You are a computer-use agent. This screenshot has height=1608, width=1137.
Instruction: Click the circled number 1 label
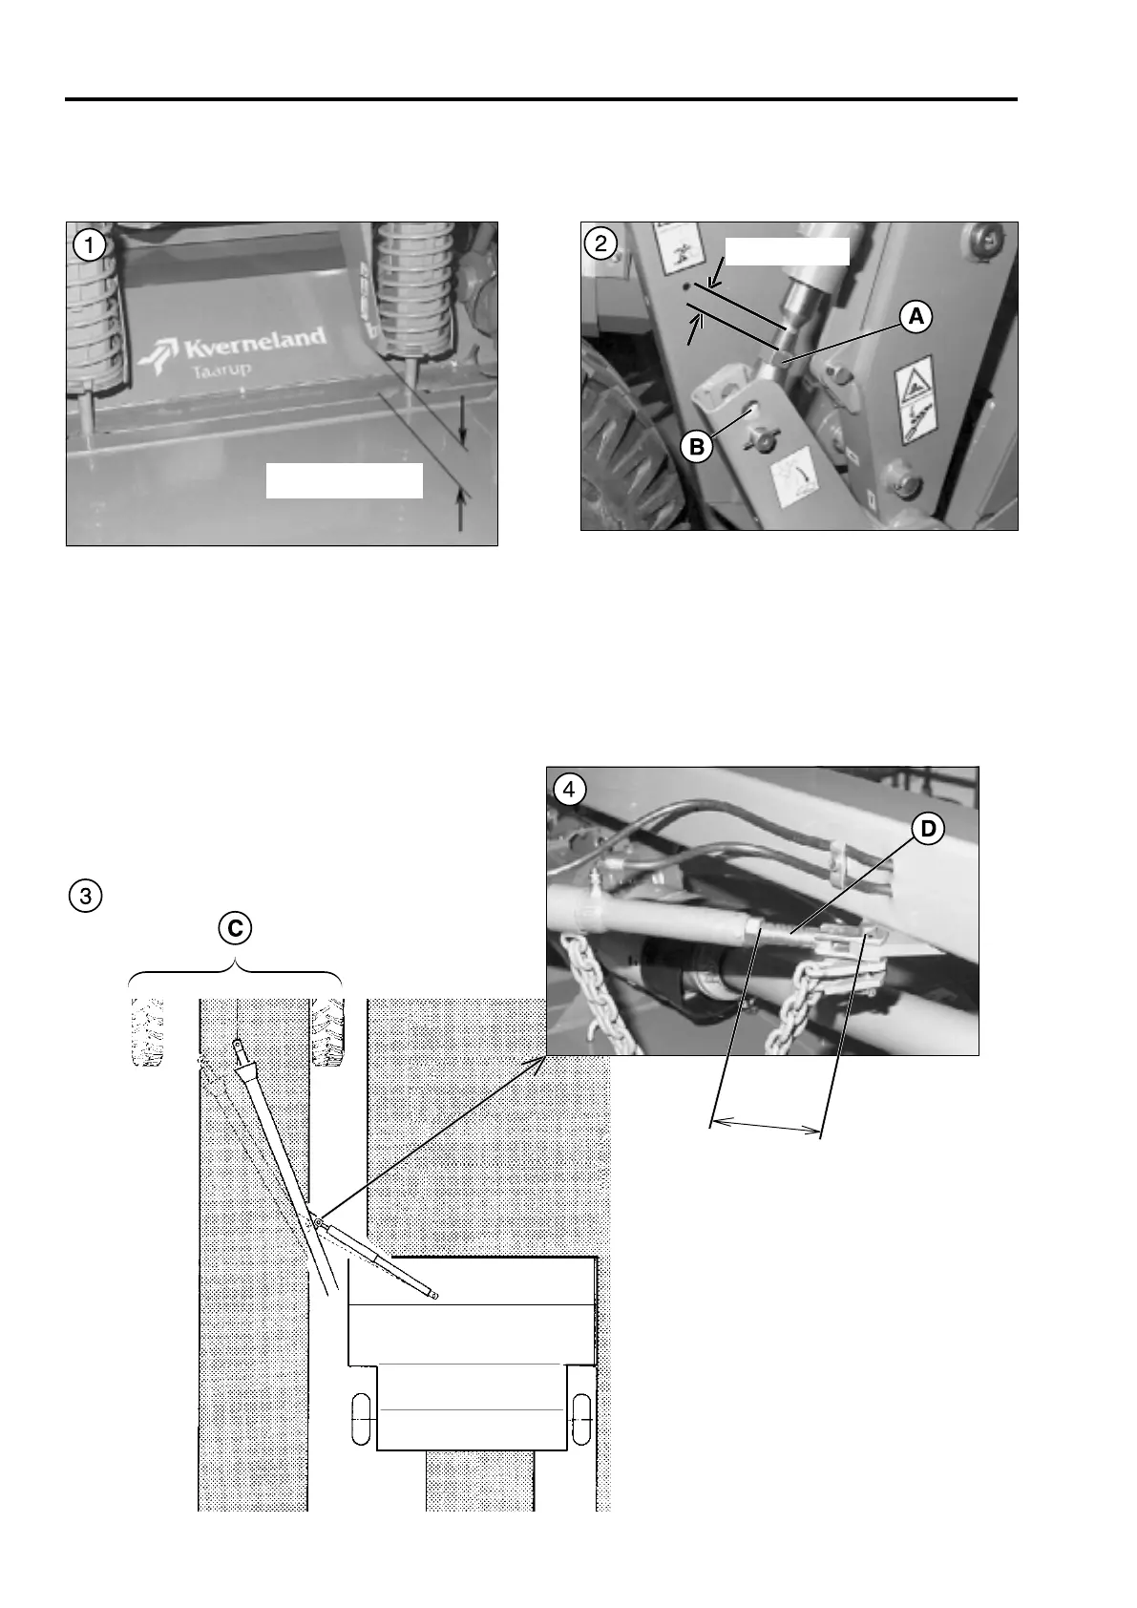(x=90, y=244)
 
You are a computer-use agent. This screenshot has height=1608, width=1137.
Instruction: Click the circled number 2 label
(x=600, y=243)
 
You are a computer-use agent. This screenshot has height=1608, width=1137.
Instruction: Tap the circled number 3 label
(x=86, y=896)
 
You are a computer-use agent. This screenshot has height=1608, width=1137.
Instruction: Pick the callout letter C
(x=235, y=927)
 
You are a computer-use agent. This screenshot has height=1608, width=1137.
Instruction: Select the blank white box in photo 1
(x=344, y=480)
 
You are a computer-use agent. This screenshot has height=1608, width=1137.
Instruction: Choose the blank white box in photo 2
(x=787, y=250)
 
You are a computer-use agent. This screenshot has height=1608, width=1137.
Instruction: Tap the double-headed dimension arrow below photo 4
(x=767, y=1127)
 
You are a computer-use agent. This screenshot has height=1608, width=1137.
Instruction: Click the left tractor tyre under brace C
(x=147, y=1032)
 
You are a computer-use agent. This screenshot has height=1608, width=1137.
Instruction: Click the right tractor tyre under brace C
(x=327, y=1032)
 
